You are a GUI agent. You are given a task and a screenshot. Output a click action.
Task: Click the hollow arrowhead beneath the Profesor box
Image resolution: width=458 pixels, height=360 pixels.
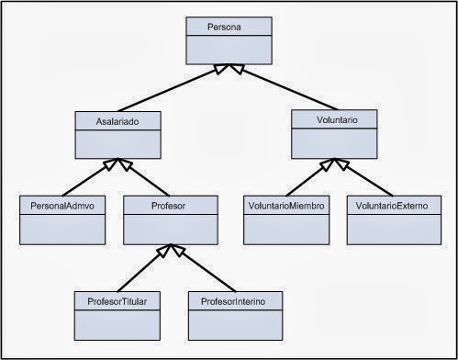pyautogui.click(x=169, y=250)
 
